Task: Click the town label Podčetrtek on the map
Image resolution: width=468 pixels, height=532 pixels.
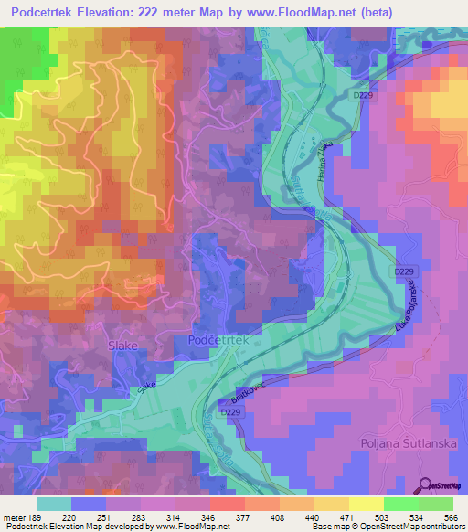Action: [224, 339]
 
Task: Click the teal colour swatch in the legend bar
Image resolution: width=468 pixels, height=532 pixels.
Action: [54, 504]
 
